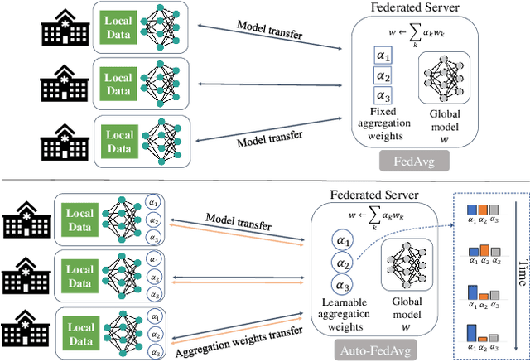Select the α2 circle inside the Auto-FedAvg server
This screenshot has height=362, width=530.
(x=343, y=264)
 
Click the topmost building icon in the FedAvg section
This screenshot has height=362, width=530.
(x=66, y=30)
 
